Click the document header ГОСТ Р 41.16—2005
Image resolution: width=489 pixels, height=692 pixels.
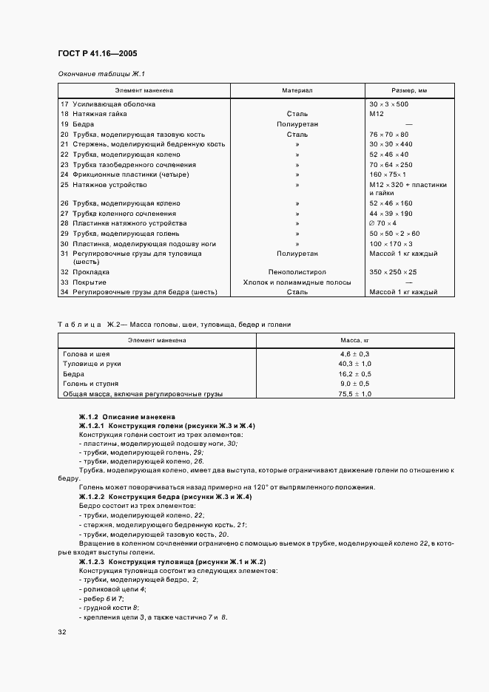96,54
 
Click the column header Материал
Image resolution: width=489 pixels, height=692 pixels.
297,90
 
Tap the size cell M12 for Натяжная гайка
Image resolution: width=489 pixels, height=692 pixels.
377,115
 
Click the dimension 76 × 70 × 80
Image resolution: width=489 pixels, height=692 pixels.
388,135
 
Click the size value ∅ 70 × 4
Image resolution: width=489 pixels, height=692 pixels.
382,223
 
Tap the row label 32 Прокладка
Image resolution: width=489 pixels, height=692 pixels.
84,272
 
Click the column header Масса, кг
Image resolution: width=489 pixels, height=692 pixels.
354,340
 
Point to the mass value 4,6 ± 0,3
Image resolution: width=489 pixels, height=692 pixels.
354,354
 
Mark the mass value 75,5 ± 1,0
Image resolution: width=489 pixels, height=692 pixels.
354,394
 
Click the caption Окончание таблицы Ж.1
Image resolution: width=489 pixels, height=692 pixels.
101,73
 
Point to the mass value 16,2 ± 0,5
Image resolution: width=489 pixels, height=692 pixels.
354,374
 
